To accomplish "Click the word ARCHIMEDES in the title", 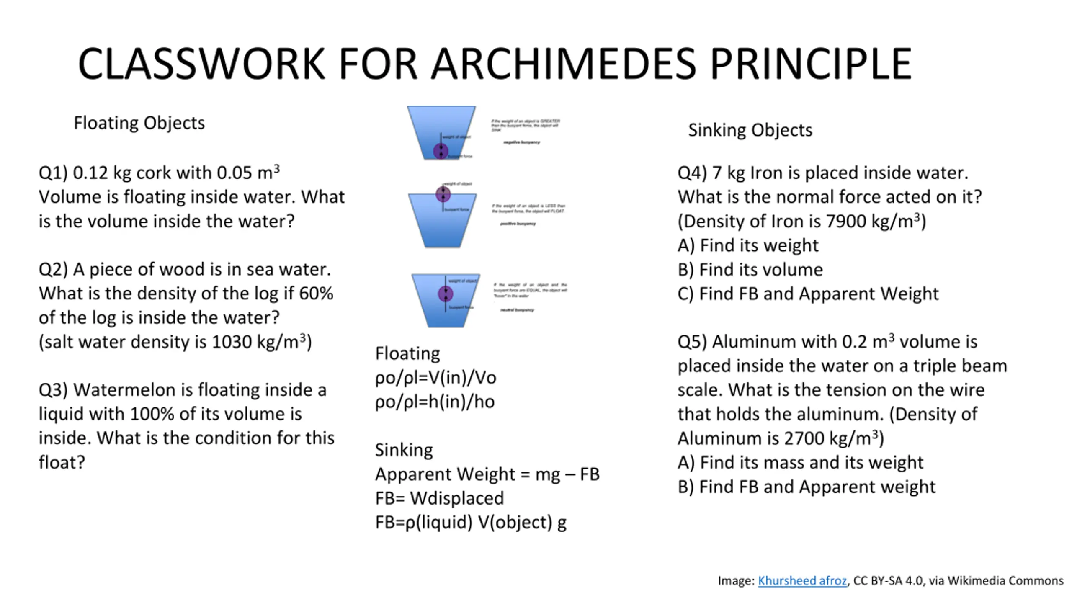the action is (564, 64).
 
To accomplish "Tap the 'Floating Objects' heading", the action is (139, 123).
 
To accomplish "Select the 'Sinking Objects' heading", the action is (750, 130).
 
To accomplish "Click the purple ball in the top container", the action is (441, 151).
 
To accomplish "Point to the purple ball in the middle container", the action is (443, 194).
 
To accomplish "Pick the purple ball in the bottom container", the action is (446, 294).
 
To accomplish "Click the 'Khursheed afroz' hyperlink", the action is (802, 581).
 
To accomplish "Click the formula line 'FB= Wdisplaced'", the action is (439, 498).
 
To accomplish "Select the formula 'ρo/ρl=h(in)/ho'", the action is (435, 402).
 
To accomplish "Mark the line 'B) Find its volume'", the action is (750, 270).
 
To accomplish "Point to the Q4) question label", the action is (692, 173).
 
